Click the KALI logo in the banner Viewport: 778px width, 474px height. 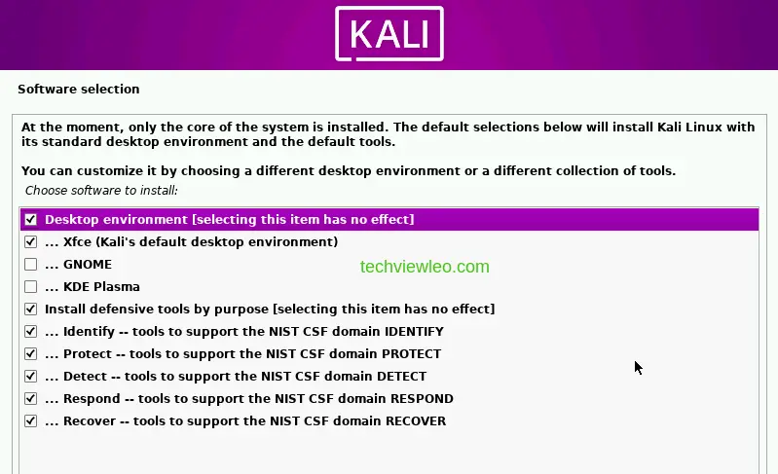pos(389,34)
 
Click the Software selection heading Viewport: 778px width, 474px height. pos(79,90)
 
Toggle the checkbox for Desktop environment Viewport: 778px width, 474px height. pos(31,220)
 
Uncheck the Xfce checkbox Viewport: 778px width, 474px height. pos(31,242)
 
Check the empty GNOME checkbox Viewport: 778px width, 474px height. pos(31,265)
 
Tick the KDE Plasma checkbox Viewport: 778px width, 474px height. pos(31,287)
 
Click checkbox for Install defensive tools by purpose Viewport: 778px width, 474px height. pos(31,310)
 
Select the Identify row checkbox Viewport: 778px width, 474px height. pos(31,332)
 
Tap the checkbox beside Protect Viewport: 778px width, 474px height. pos(31,354)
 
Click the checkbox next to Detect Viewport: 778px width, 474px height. pos(31,377)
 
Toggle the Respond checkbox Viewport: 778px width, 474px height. pos(31,399)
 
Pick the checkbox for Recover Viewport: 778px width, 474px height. pos(31,421)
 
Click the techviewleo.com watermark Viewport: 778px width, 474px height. pos(425,267)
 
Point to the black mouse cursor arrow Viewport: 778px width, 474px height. pos(638,367)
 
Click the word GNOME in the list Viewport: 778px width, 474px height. pos(88,265)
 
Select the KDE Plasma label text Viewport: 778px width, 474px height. pos(101,287)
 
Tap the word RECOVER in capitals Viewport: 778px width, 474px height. pos(410,421)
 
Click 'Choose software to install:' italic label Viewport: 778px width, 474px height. pos(101,191)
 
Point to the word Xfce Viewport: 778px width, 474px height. pos(79,242)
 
